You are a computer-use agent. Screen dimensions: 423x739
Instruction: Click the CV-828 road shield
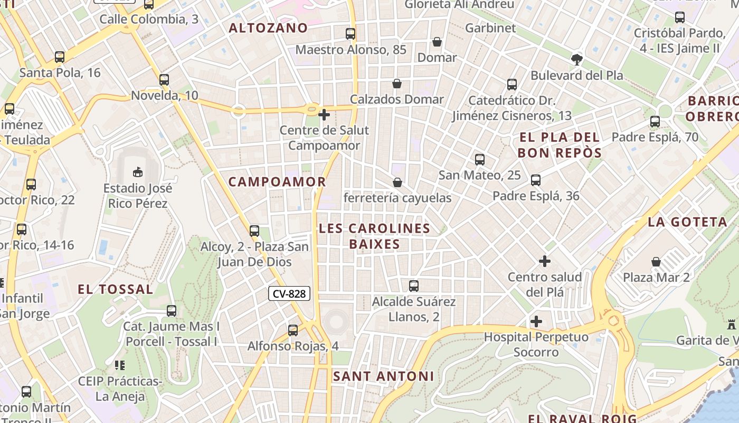tap(289, 294)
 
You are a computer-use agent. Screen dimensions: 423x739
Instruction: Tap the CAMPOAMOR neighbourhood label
tap(277, 182)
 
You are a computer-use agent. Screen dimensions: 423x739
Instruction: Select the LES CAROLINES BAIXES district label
tap(374, 236)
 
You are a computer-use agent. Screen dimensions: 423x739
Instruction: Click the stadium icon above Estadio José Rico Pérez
tap(137, 172)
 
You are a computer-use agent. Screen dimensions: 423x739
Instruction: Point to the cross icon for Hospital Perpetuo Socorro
tap(536, 321)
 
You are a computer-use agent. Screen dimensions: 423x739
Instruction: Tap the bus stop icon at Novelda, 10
tap(164, 80)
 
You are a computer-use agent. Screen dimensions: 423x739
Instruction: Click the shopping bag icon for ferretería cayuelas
tap(397, 182)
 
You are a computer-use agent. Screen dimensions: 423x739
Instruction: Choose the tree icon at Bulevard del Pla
tap(577, 59)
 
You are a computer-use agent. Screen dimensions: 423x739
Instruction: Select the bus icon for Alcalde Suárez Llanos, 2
tap(414, 286)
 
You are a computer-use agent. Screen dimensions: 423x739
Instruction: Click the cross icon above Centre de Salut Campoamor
tap(324, 114)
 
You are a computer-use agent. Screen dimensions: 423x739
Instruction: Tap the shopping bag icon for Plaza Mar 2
tap(656, 262)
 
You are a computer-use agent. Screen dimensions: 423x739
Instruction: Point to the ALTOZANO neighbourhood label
tap(268, 28)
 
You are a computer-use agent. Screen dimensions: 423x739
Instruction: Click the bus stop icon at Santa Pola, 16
tap(60, 57)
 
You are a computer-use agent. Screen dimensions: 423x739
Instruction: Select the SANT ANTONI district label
tap(383, 376)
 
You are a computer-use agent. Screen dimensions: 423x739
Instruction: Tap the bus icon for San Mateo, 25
tap(480, 159)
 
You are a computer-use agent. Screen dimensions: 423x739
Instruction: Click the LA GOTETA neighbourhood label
tap(687, 222)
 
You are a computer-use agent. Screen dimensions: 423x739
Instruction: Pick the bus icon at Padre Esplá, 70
tap(655, 122)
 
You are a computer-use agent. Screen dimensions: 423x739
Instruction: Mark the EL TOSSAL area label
tap(116, 289)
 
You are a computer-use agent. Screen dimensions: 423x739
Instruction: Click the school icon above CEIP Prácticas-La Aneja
tap(119, 365)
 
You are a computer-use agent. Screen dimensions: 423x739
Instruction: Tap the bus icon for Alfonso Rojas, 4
tap(293, 330)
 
